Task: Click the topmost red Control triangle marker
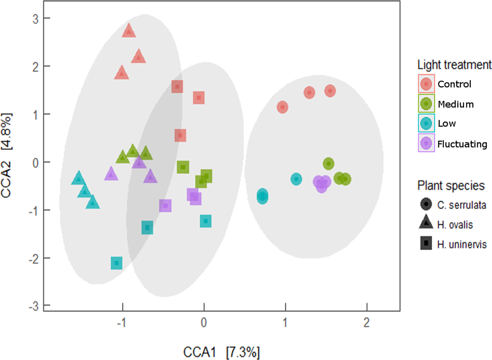click(x=129, y=31)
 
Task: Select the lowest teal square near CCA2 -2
click(x=116, y=263)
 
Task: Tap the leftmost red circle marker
click(x=282, y=107)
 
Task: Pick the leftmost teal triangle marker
click(x=78, y=178)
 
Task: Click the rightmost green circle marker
click(x=346, y=179)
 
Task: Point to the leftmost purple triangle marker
click(x=111, y=174)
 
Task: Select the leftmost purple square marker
click(x=165, y=206)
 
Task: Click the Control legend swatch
click(x=426, y=84)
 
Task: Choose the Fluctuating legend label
click(x=462, y=144)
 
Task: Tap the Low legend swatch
click(x=426, y=124)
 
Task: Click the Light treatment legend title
click(x=455, y=64)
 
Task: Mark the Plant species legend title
click(x=451, y=185)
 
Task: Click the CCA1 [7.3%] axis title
click(x=221, y=352)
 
